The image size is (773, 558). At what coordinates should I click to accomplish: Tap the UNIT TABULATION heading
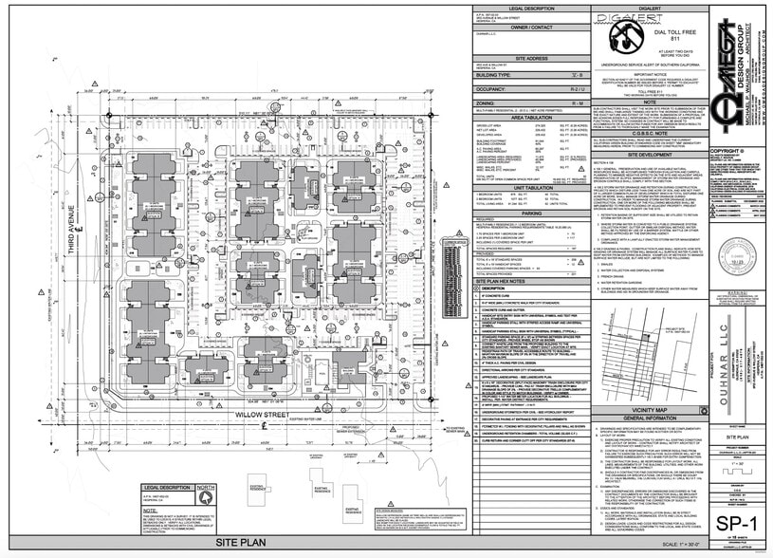[x=531, y=187]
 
